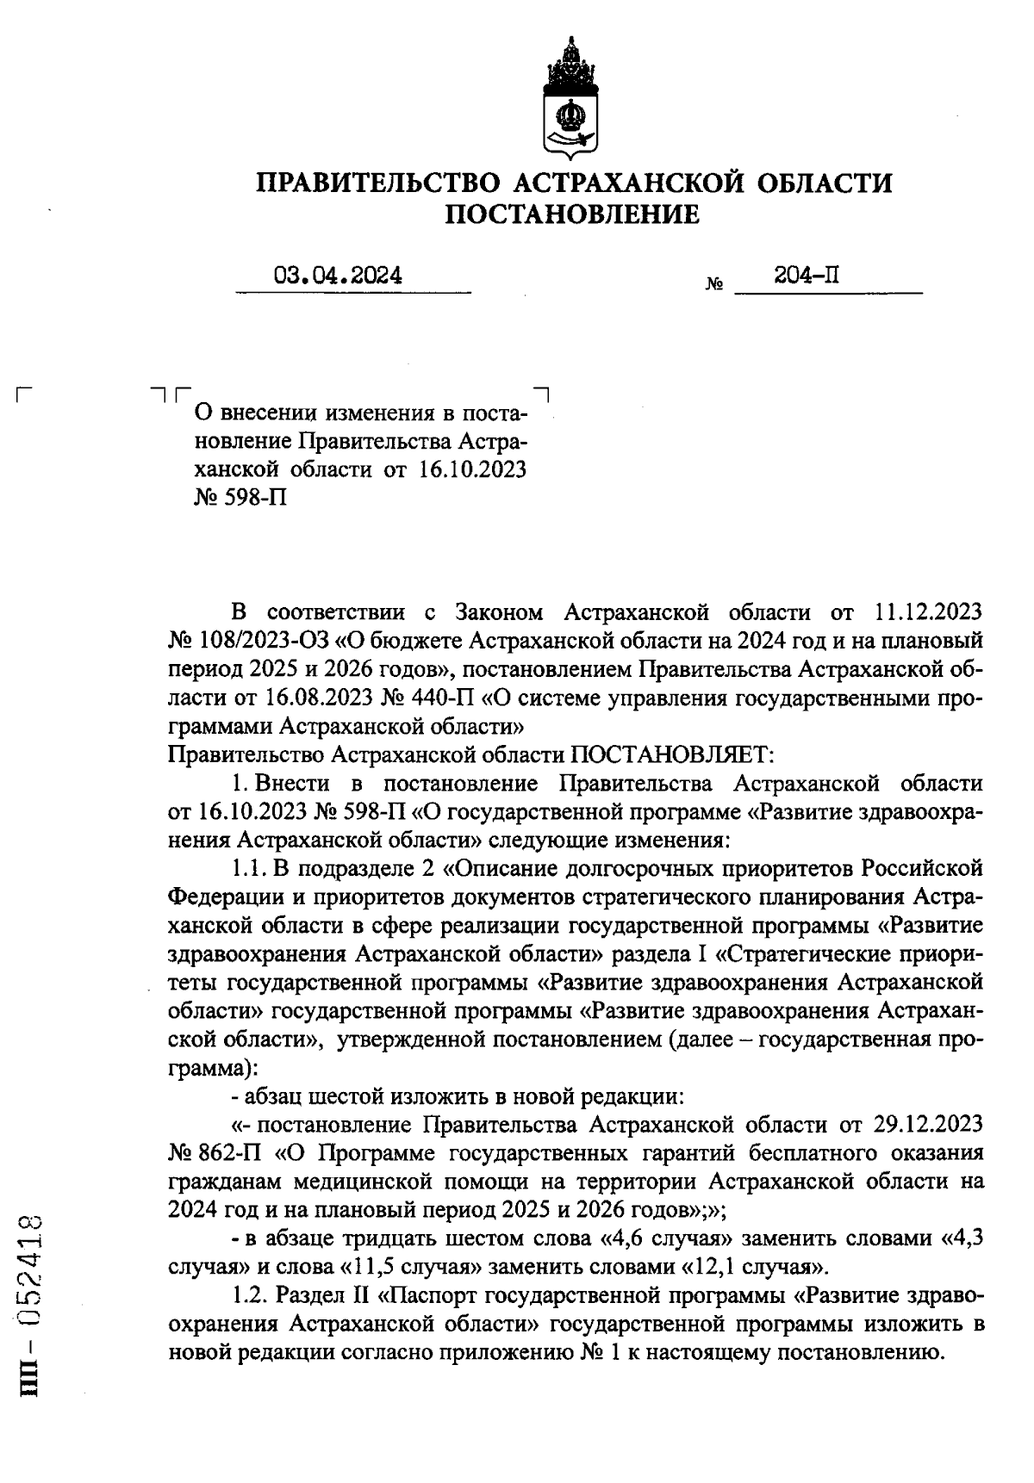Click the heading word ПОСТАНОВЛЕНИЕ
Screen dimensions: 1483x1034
(572, 214)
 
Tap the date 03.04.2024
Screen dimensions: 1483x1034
(338, 276)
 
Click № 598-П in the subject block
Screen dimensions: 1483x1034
(240, 498)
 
